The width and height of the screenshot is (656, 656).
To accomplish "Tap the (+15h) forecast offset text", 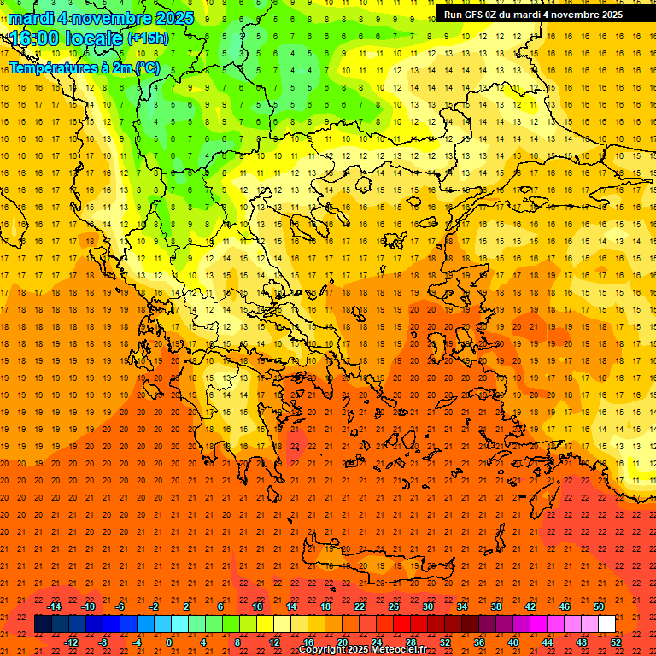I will (x=147, y=38).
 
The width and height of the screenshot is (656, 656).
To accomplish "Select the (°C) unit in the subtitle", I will (x=146, y=67).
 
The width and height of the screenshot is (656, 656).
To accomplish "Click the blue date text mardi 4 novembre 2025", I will (x=101, y=18).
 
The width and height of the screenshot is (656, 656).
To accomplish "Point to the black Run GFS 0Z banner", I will (x=545, y=14).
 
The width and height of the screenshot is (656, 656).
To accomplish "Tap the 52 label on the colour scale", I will (x=616, y=642).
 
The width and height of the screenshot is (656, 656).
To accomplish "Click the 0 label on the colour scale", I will (x=168, y=642).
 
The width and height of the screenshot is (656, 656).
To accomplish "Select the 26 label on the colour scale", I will (x=394, y=606).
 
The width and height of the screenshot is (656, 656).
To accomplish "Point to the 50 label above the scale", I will (x=599, y=606).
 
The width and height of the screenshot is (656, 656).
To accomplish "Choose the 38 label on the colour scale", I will (x=496, y=606).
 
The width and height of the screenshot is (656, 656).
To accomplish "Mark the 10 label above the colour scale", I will (x=257, y=606).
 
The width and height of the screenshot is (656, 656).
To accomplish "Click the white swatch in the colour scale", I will (x=606, y=624).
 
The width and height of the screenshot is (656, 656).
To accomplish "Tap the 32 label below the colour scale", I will (x=445, y=642).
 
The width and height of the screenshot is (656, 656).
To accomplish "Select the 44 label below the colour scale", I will (x=548, y=642).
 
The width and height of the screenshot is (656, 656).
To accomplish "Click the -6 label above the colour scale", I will (x=121, y=606).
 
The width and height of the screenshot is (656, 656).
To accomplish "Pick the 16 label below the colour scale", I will (x=308, y=642).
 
